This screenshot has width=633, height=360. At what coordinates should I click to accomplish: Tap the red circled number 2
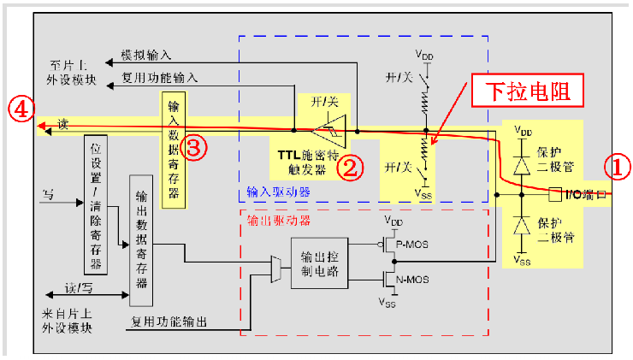point(352,166)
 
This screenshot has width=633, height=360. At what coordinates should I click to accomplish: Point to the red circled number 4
point(21,108)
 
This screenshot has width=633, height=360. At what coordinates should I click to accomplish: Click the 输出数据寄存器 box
point(141,239)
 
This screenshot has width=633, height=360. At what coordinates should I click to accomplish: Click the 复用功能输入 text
point(160,78)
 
